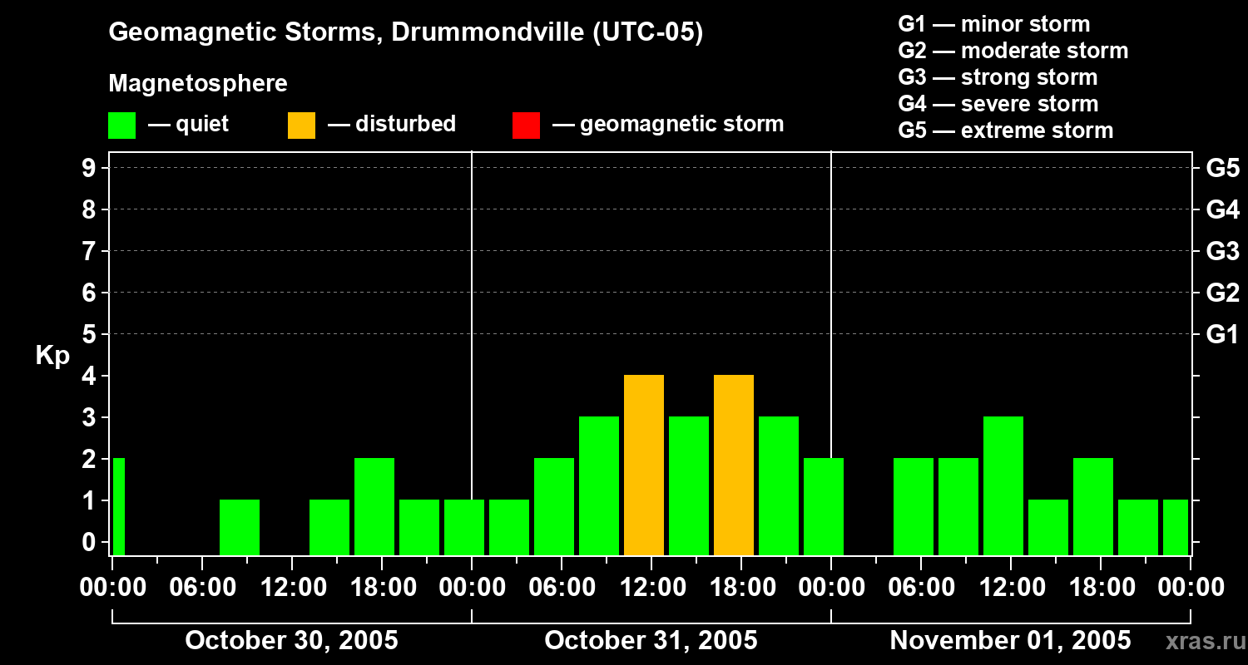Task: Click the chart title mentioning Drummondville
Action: click(x=406, y=32)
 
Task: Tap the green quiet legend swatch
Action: click(x=121, y=125)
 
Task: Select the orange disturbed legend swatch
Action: click(x=301, y=125)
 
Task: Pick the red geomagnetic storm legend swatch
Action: click(x=526, y=125)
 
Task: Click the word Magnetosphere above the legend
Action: click(x=198, y=84)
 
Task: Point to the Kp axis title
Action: click(x=52, y=356)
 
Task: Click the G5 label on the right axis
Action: click(x=1222, y=168)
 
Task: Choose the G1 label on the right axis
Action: click(x=1222, y=335)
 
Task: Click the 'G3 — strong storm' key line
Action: click(x=998, y=77)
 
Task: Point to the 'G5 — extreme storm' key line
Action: click(x=1005, y=131)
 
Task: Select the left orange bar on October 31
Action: click(x=644, y=465)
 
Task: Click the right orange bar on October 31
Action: click(x=734, y=465)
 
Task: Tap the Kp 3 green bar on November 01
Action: click(x=1003, y=485)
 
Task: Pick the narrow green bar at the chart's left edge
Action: click(x=118, y=506)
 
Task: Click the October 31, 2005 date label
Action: click(x=651, y=641)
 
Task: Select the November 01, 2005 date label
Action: click(x=1010, y=641)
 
